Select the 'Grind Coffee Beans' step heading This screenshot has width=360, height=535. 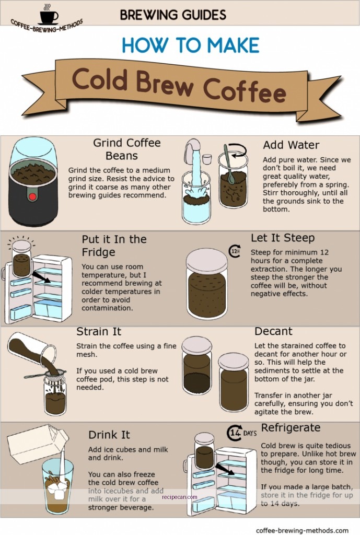(126, 149)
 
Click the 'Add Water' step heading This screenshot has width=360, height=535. (291, 145)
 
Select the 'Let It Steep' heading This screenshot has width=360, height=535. (283, 238)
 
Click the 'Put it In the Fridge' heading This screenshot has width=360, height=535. (114, 246)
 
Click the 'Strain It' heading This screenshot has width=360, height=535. (99, 332)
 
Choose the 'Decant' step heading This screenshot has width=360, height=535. (273, 331)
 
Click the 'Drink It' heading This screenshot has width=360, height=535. (109, 435)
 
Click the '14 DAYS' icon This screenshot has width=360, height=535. (242, 433)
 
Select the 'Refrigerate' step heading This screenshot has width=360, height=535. (291, 428)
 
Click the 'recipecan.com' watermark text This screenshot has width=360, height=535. (180, 497)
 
